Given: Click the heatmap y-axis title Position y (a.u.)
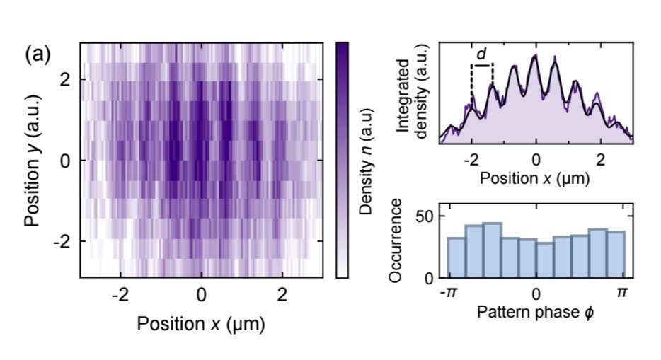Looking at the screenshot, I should click(33, 161).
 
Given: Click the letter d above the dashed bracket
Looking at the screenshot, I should click(481, 54).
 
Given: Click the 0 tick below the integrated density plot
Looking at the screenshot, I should click(536, 157).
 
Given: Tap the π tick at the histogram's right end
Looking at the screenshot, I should click(623, 292).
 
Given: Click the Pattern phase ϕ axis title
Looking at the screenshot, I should click(535, 312).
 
